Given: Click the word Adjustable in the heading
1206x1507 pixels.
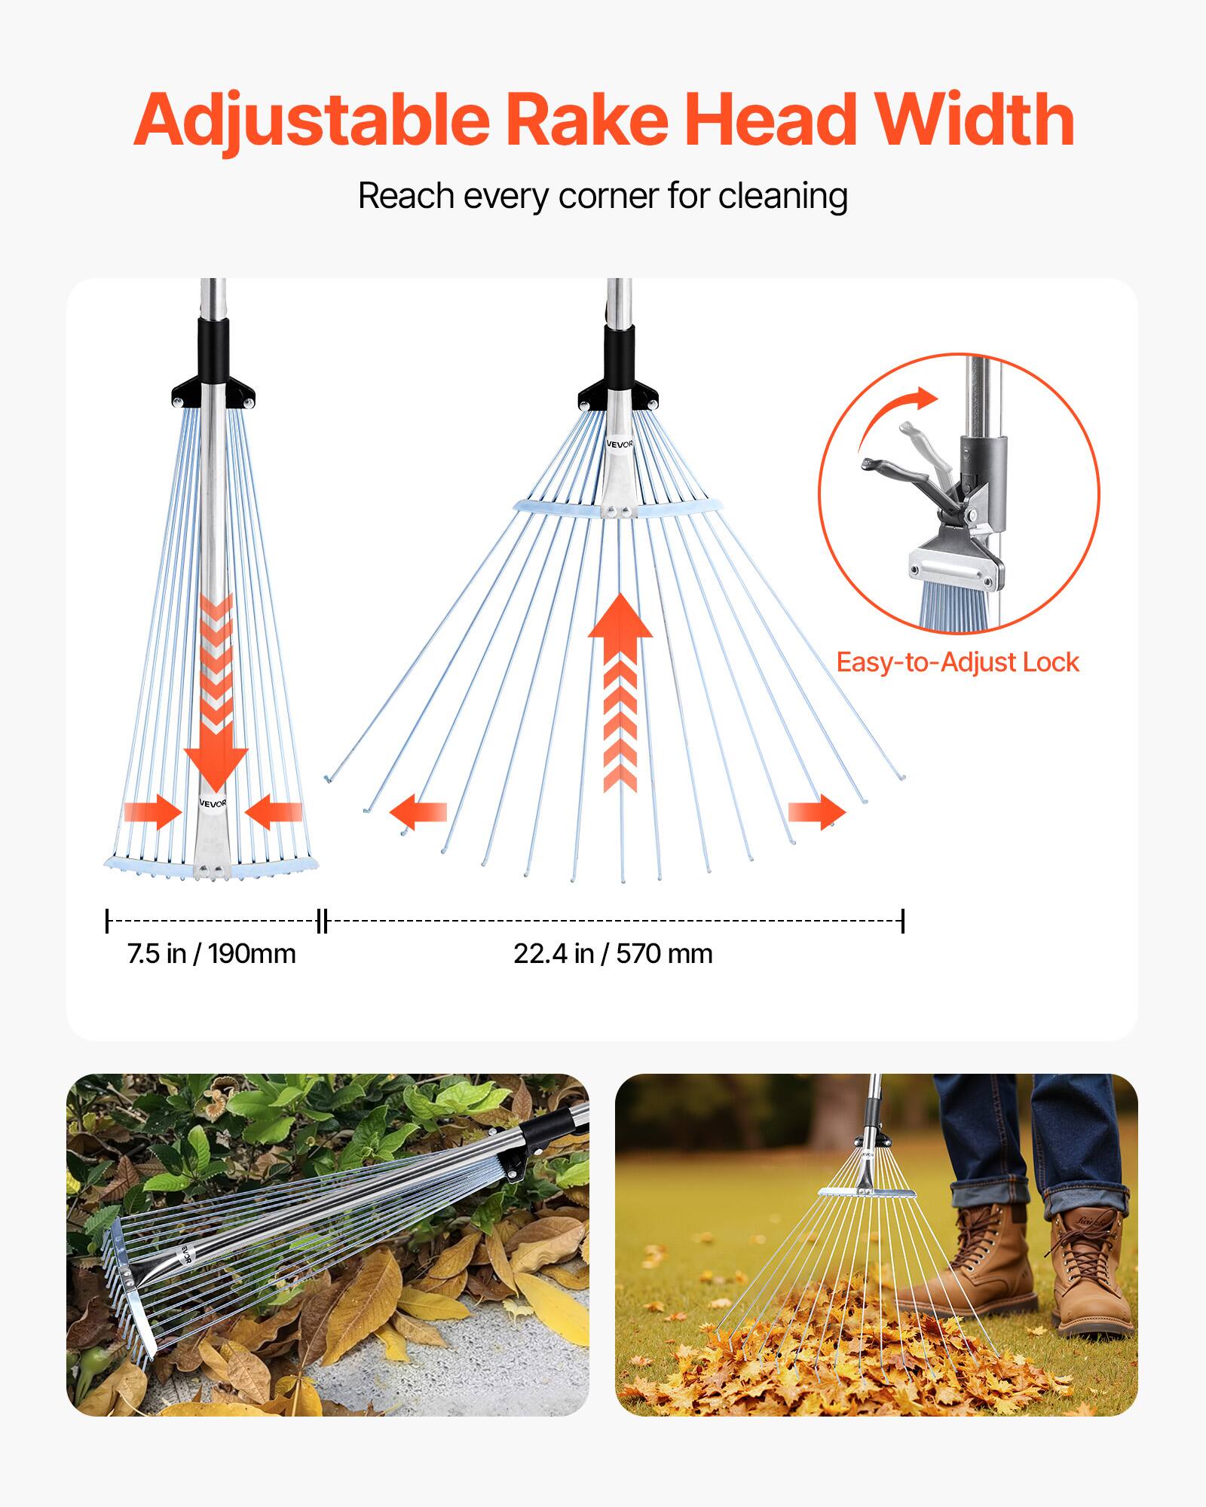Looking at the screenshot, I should (x=311, y=121).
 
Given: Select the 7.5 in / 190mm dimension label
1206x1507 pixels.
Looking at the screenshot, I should (x=211, y=954).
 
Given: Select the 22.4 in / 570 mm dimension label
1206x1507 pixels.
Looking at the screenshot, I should (x=613, y=954).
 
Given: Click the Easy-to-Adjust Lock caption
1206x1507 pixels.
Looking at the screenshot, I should (x=957, y=662).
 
